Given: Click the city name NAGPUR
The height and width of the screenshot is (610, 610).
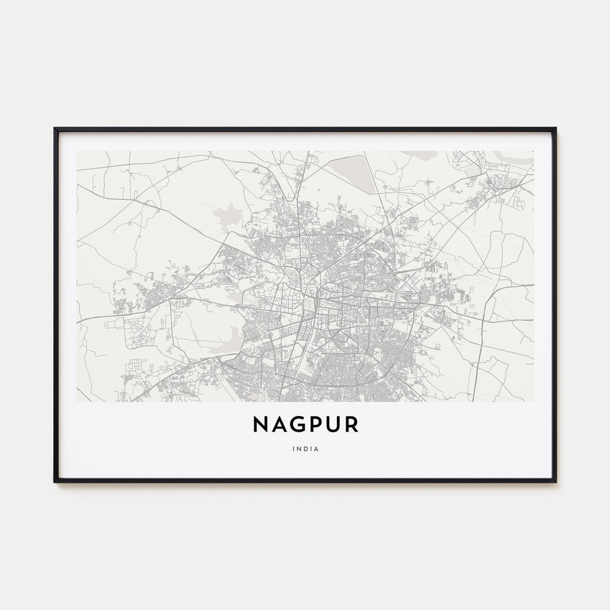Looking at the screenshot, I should point(306,425).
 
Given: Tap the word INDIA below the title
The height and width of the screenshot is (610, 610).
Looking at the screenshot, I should point(306,448).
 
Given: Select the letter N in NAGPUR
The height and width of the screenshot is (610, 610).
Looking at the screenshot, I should point(262,425).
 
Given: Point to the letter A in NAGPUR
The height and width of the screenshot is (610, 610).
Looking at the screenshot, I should point(279,425).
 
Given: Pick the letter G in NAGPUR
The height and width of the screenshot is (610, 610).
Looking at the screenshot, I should point(298,425).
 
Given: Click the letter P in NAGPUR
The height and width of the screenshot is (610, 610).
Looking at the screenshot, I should point(316,425).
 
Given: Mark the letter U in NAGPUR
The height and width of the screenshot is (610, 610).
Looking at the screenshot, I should point(333,425).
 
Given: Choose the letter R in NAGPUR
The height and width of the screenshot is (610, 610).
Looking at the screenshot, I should point(351,425).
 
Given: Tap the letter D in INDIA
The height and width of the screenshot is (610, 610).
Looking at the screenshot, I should point(306,448).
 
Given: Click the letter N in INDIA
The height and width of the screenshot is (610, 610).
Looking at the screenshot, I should point(300,448).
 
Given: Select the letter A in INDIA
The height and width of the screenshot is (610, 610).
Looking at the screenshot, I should point(317,448).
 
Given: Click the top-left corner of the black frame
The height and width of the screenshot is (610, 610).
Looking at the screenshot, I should point(55,128).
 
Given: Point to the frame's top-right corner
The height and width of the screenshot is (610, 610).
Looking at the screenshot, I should point(555,128).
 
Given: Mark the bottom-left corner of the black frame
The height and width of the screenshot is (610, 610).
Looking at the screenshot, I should point(55,481).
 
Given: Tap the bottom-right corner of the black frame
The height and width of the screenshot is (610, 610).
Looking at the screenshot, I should point(555,481).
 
